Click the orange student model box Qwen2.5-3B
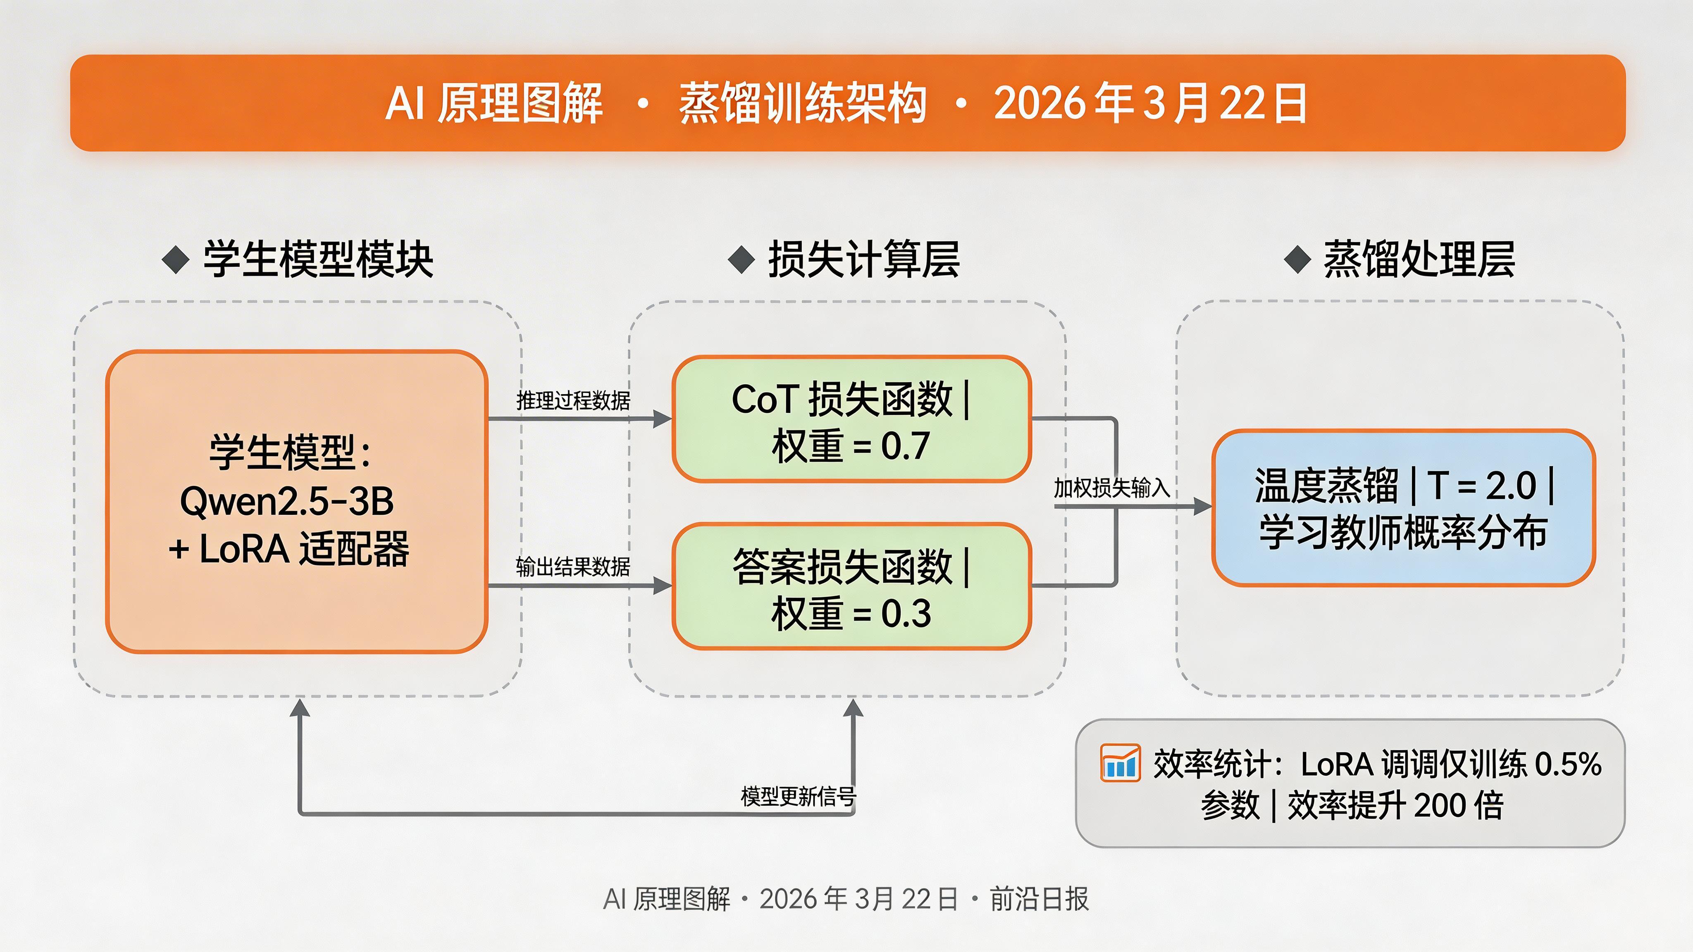tap(296, 501)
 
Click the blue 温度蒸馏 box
tap(1403, 507)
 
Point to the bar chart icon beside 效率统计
tap(1120, 764)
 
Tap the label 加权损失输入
tap(1111, 488)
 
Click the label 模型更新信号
tap(798, 796)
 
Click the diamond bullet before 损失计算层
tap(742, 259)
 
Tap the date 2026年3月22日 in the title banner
tap(1150, 103)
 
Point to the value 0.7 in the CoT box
tap(905, 446)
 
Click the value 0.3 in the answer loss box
tap(906, 614)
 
